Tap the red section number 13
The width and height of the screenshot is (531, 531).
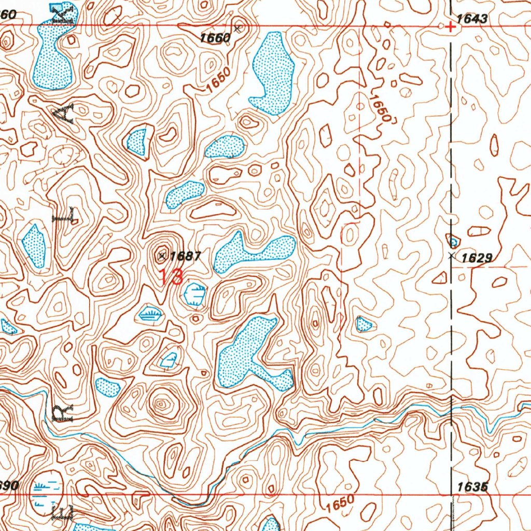click(171, 276)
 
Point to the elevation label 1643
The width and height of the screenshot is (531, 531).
click(472, 19)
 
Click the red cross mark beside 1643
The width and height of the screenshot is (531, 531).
click(451, 27)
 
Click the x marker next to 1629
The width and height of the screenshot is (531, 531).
click(451, 256)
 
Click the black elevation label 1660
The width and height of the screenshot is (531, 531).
click(215, 37)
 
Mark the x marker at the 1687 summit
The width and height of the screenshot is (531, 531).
click(162, 255)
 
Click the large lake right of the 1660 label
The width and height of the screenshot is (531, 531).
click(272, 73)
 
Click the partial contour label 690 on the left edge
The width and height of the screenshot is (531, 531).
click(9, 486)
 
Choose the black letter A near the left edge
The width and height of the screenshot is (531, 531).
click(67, 113)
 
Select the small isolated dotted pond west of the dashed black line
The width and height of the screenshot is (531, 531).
click(364, 325)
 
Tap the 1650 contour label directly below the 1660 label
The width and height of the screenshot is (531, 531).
click(216, 81)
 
